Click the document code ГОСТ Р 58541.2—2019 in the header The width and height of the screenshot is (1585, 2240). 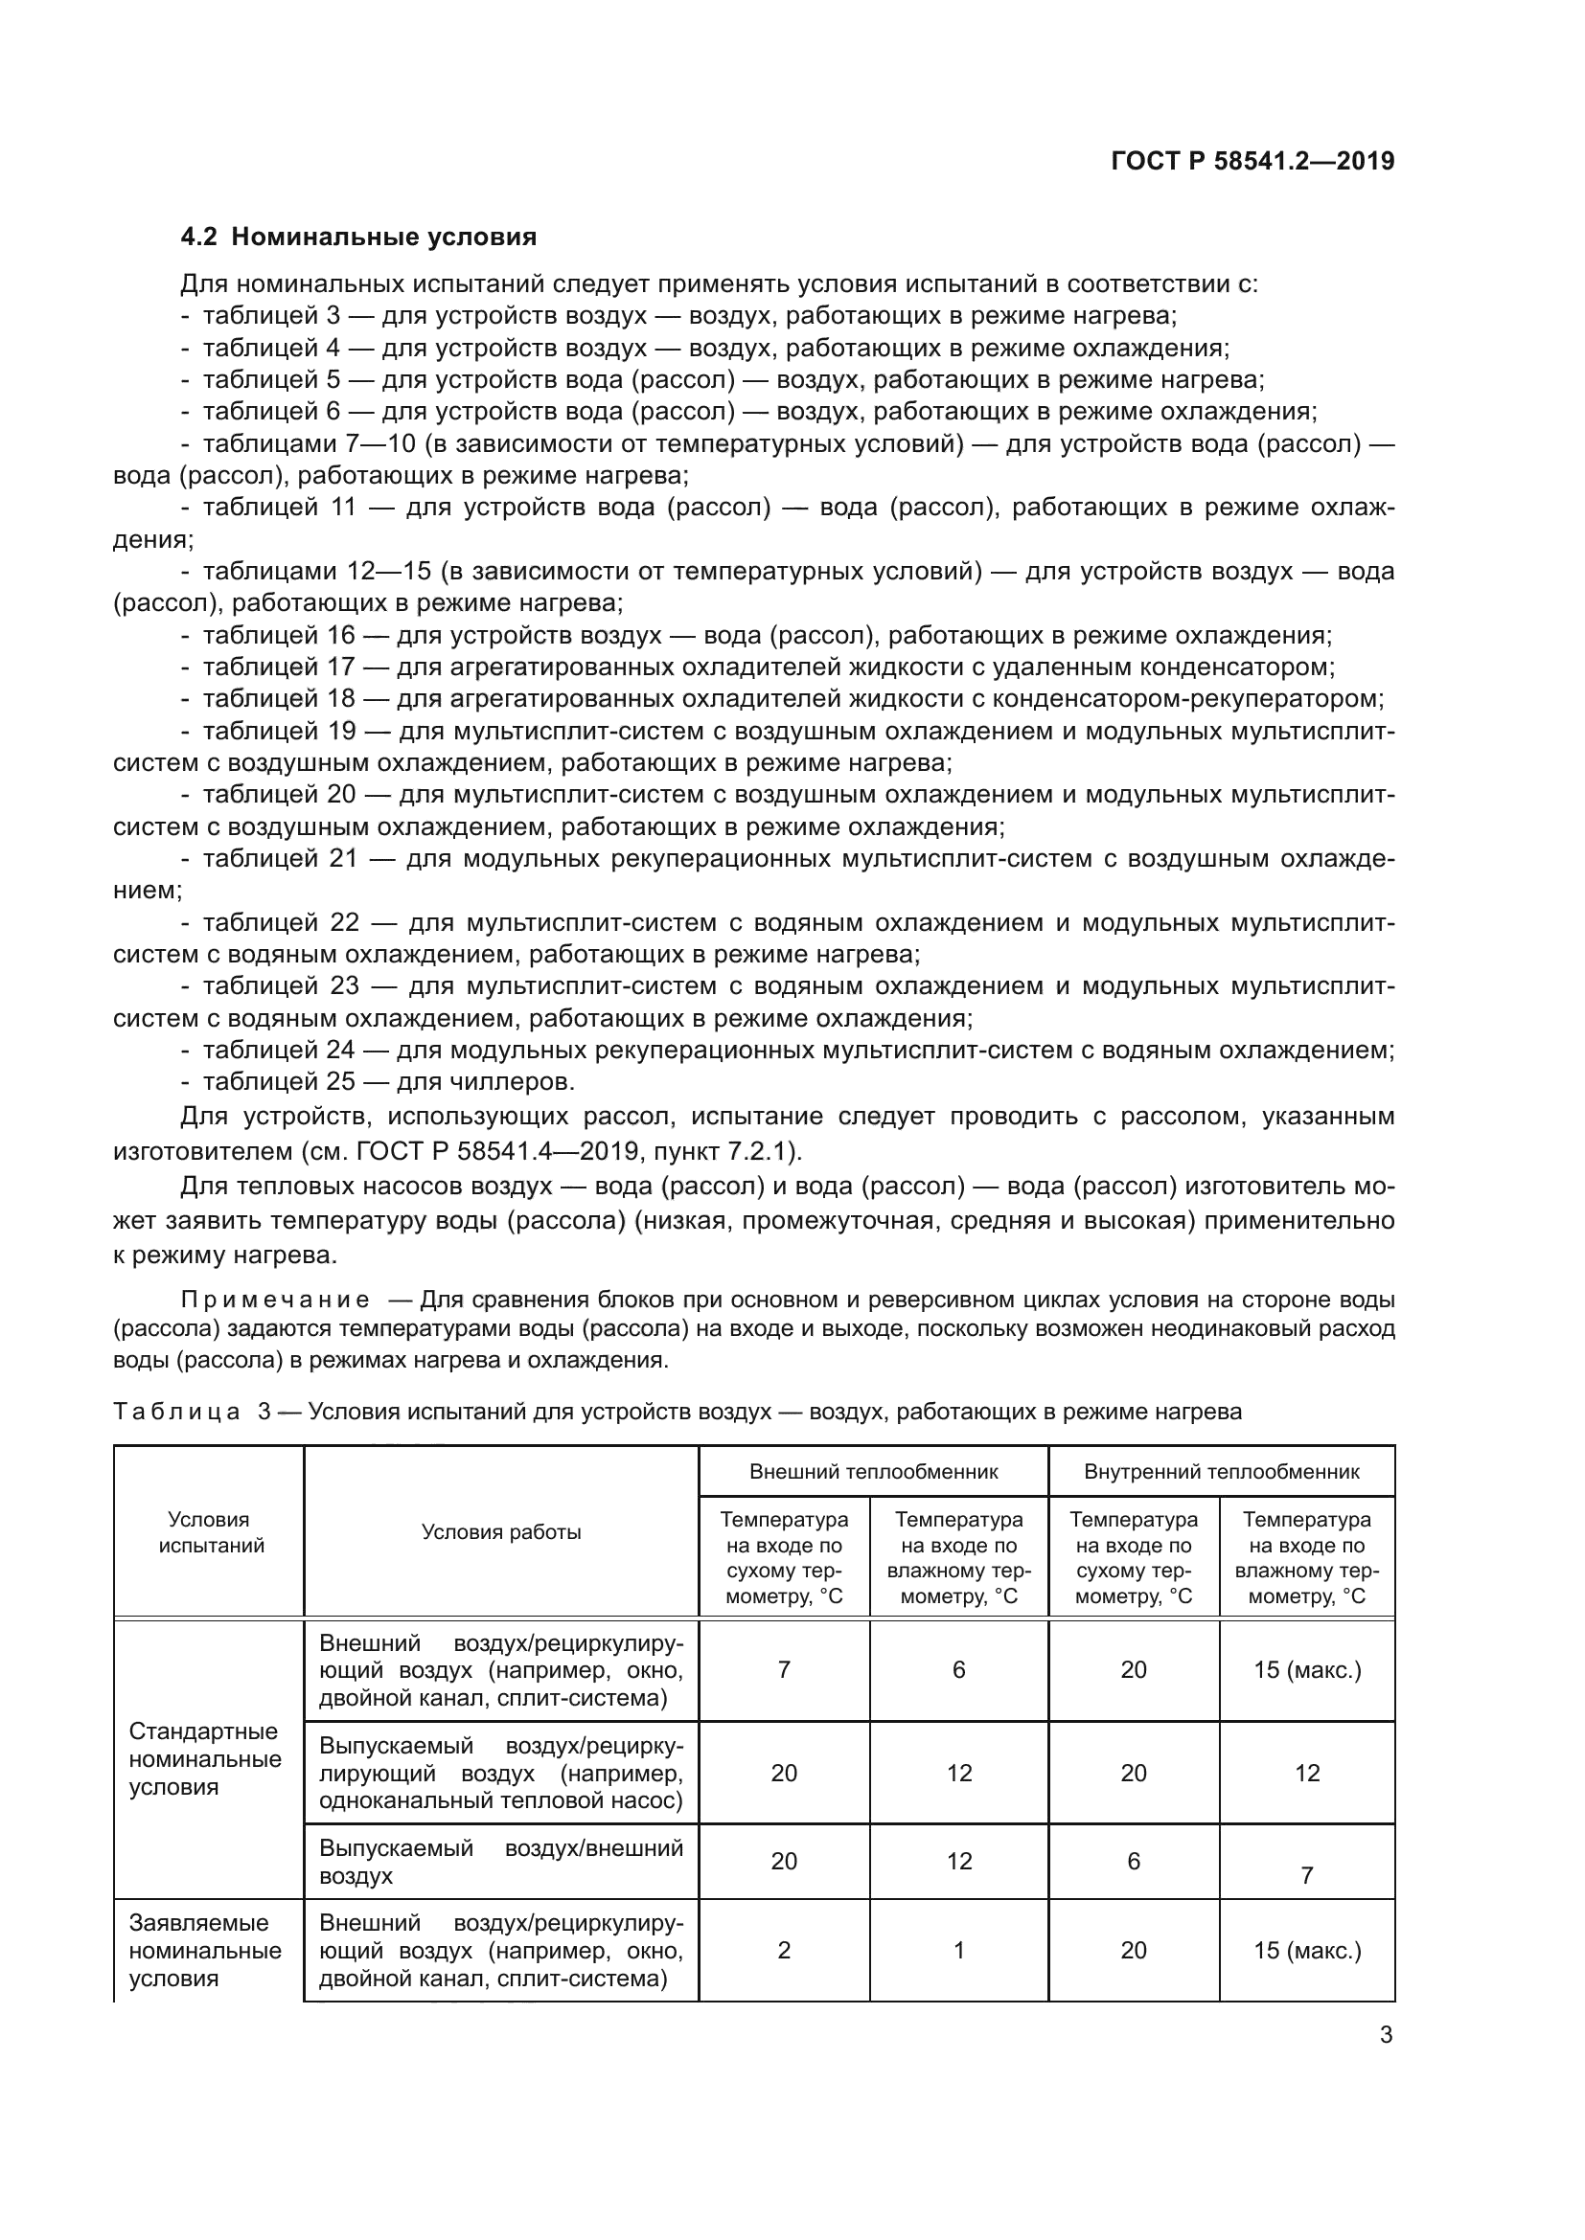click(x=1252, y=161)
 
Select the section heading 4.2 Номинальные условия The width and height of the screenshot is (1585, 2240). click(x=358, y=238)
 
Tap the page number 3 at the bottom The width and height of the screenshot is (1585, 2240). click(x=1386, y=2035)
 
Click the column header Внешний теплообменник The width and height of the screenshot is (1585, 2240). click(x=873, y=1471)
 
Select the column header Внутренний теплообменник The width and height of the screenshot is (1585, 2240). click(x=1221, y=1471)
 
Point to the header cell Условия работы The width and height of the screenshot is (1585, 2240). click(x=500, y=1531)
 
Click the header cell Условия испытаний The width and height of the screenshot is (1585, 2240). click(x=209, y=1531)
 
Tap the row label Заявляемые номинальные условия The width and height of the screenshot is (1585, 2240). click(x=205, y=1950)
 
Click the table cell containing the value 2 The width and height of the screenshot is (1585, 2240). click(x=784, y=1950)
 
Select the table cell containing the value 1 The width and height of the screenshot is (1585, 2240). click(x=958, y=1950)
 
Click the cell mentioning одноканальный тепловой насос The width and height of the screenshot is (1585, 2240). click(x=500, y=1773)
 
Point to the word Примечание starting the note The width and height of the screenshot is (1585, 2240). click(x=275, y=1300)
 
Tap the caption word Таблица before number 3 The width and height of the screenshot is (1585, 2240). click(x=176, y=1412)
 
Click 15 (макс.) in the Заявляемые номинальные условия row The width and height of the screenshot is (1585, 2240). click(x=1307, y=1950)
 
